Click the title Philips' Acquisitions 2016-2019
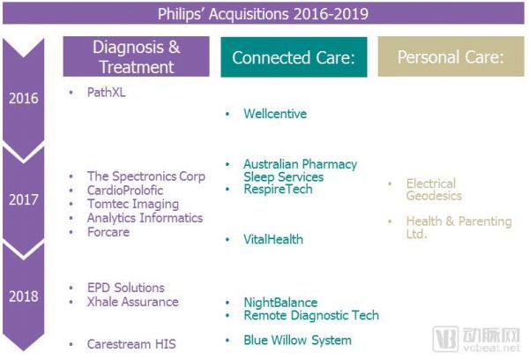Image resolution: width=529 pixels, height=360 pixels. point(263,14)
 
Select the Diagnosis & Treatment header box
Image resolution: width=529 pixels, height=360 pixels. point(137,56)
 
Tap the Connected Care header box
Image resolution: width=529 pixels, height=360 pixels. point(294,57)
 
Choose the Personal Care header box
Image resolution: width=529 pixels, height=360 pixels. point(451,56)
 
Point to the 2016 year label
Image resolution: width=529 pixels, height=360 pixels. point(24,98)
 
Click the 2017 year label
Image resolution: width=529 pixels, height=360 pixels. point(24,199)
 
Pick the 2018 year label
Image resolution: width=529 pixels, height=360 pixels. point(24,296)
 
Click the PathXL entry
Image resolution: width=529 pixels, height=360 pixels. point(107,92)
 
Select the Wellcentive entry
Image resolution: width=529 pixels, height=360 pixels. point(275,114)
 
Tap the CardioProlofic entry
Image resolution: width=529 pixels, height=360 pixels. point(125,190)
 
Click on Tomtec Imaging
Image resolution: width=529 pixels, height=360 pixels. point(133,205)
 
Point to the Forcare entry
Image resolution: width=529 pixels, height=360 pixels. point(108,232)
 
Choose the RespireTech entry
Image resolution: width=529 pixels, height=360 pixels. point(278,189)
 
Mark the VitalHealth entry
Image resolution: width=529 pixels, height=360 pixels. point(273,239)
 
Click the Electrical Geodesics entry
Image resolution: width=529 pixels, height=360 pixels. point(434,190)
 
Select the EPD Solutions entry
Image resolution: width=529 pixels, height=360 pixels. point(126,288)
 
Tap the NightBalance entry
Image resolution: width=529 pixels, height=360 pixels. point(280,303)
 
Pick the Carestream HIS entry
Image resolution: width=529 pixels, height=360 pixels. point(131,344)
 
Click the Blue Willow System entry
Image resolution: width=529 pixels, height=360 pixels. point(298,340)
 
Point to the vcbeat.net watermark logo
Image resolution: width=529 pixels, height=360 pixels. point(477,339)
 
